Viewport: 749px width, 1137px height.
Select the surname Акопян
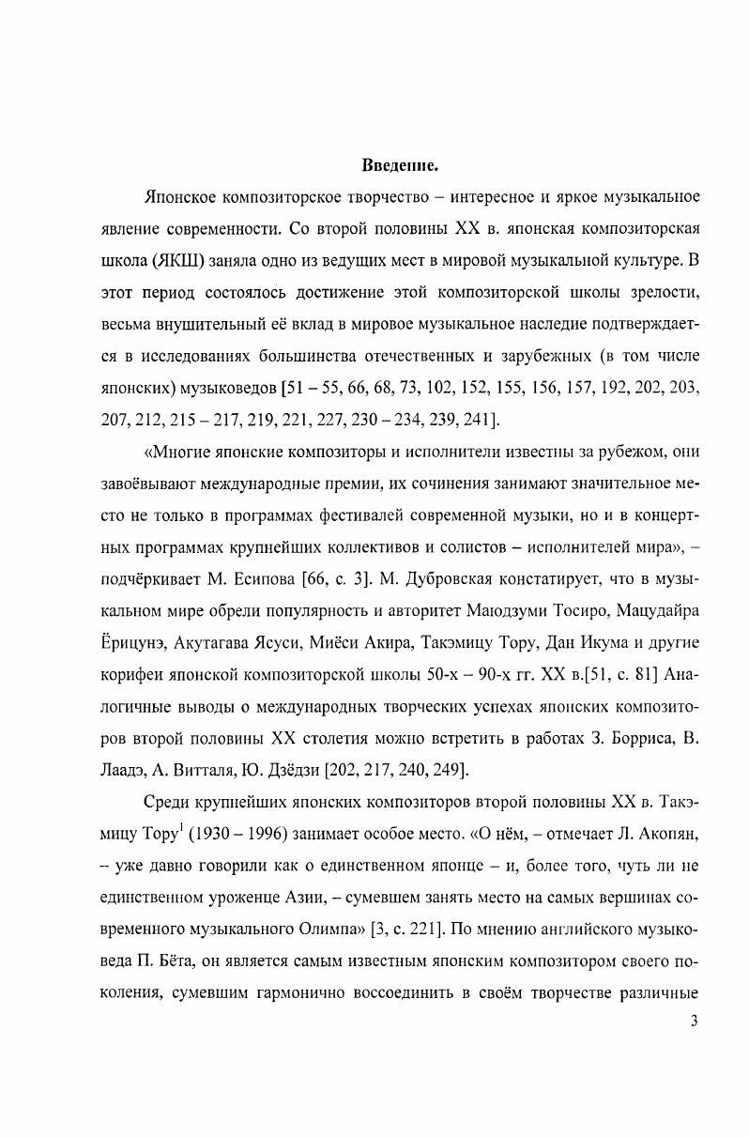pos(664,835)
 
